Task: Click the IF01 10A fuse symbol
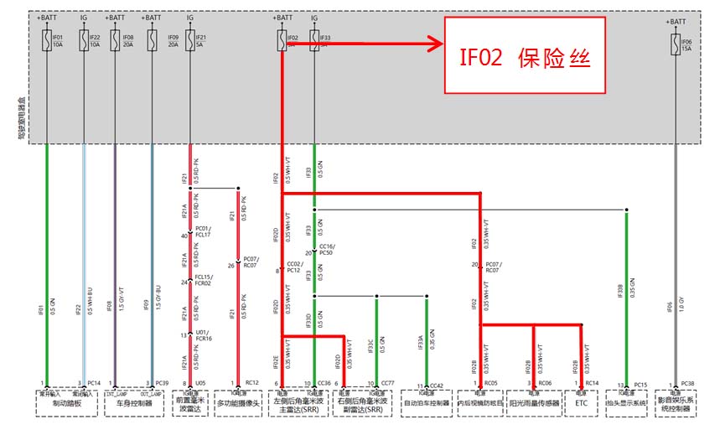[46, 39]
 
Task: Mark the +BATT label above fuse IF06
[675, 21]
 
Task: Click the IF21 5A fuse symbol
[190, 39]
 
